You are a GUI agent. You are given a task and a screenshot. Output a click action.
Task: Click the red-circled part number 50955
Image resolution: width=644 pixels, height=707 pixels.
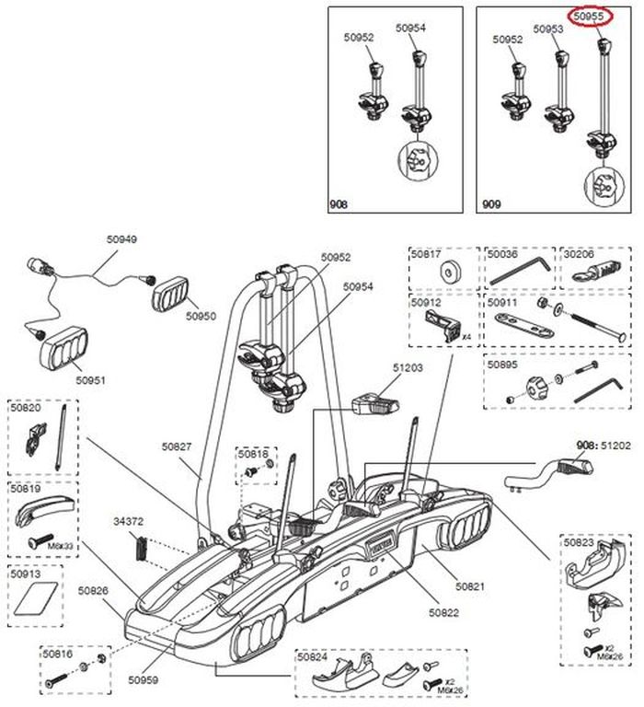click(x=589, y=16)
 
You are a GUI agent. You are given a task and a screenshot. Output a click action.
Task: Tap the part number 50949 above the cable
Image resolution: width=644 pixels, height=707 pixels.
click(x=121, y=239)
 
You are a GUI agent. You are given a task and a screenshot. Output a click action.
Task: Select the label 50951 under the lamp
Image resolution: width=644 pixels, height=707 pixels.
click(x=91, y=378)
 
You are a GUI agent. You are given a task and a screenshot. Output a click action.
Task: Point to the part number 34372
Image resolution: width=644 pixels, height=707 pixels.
click(x=128, y=521)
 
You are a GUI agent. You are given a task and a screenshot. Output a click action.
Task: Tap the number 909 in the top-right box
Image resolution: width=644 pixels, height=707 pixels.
click(x=489, y=203)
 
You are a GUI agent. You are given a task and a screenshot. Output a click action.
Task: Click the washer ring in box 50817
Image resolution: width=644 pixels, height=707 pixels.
click(x=452, y=272)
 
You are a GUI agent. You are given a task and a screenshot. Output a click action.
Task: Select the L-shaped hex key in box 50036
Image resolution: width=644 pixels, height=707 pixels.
click(x=520, y=271)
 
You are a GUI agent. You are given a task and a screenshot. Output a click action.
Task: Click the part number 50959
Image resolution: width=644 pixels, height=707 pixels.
click(x=143, y=680)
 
